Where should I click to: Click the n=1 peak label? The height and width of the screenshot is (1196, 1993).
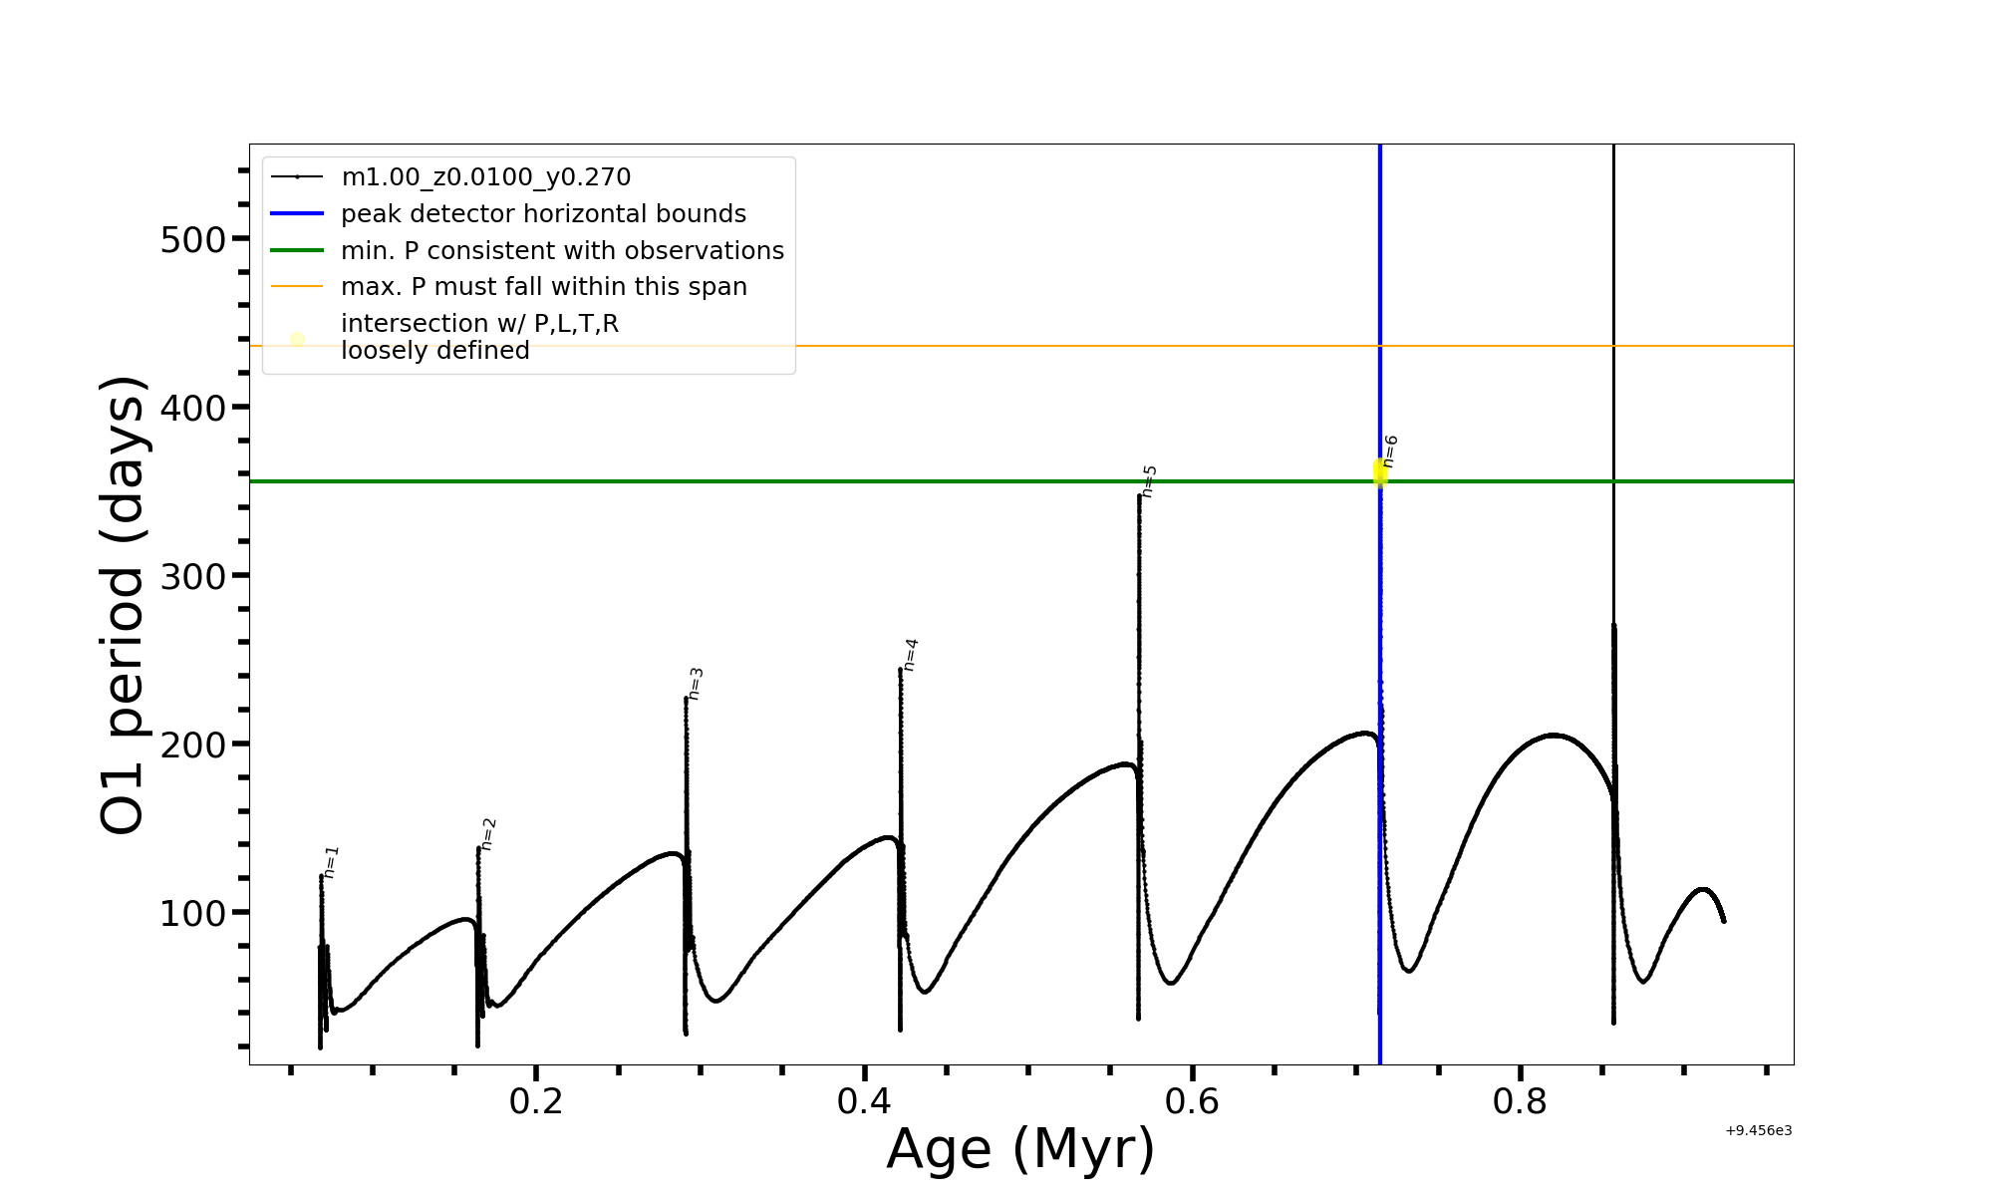(x=332, y=861)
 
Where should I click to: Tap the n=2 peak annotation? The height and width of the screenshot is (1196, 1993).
(x=488, y=833)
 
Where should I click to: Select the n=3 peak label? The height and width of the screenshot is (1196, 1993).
(x=696, y=683)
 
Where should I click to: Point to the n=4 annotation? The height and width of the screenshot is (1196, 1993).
(x=910, y=654)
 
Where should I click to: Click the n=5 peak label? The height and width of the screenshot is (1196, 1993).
(x=1149, y=480)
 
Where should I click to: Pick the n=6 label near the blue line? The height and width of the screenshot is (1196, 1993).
(x=1390, y=450)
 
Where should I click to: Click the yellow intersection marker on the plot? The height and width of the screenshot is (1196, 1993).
(x=1380, y=472)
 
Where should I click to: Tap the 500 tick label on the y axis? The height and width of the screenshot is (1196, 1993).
(x=192, y=239)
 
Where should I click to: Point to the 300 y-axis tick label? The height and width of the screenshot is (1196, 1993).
(x=192, y=576)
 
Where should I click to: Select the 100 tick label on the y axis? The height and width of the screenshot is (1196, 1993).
(x=192, y=913)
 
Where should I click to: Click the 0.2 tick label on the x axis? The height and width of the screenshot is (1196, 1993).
(x=536, y=1101)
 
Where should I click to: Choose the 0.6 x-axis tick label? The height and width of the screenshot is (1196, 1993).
(x=1192, y=1101)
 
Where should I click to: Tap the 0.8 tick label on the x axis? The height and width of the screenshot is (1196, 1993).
(x=1520, y=1101)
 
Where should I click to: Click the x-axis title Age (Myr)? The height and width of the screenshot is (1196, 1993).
(x=1020, y=1149)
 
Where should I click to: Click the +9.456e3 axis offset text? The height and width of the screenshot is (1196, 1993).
(x=1758, y=1130)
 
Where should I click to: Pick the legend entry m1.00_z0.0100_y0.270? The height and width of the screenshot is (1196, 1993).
(x=485, y=177)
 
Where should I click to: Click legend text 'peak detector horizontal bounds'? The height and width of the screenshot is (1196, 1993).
(x=543, y=214)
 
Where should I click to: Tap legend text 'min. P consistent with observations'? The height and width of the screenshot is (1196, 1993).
(x=562, y=251)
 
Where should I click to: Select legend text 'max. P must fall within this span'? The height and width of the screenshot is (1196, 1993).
(x=543, y=287)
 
